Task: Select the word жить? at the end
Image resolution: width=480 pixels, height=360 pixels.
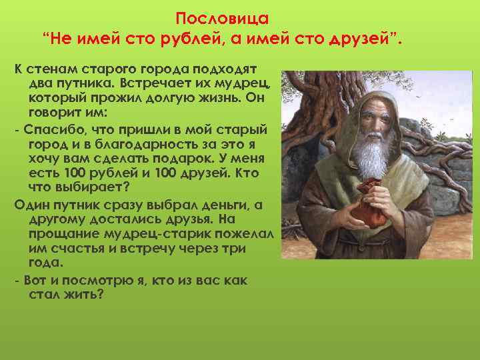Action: tap(85, 294)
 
